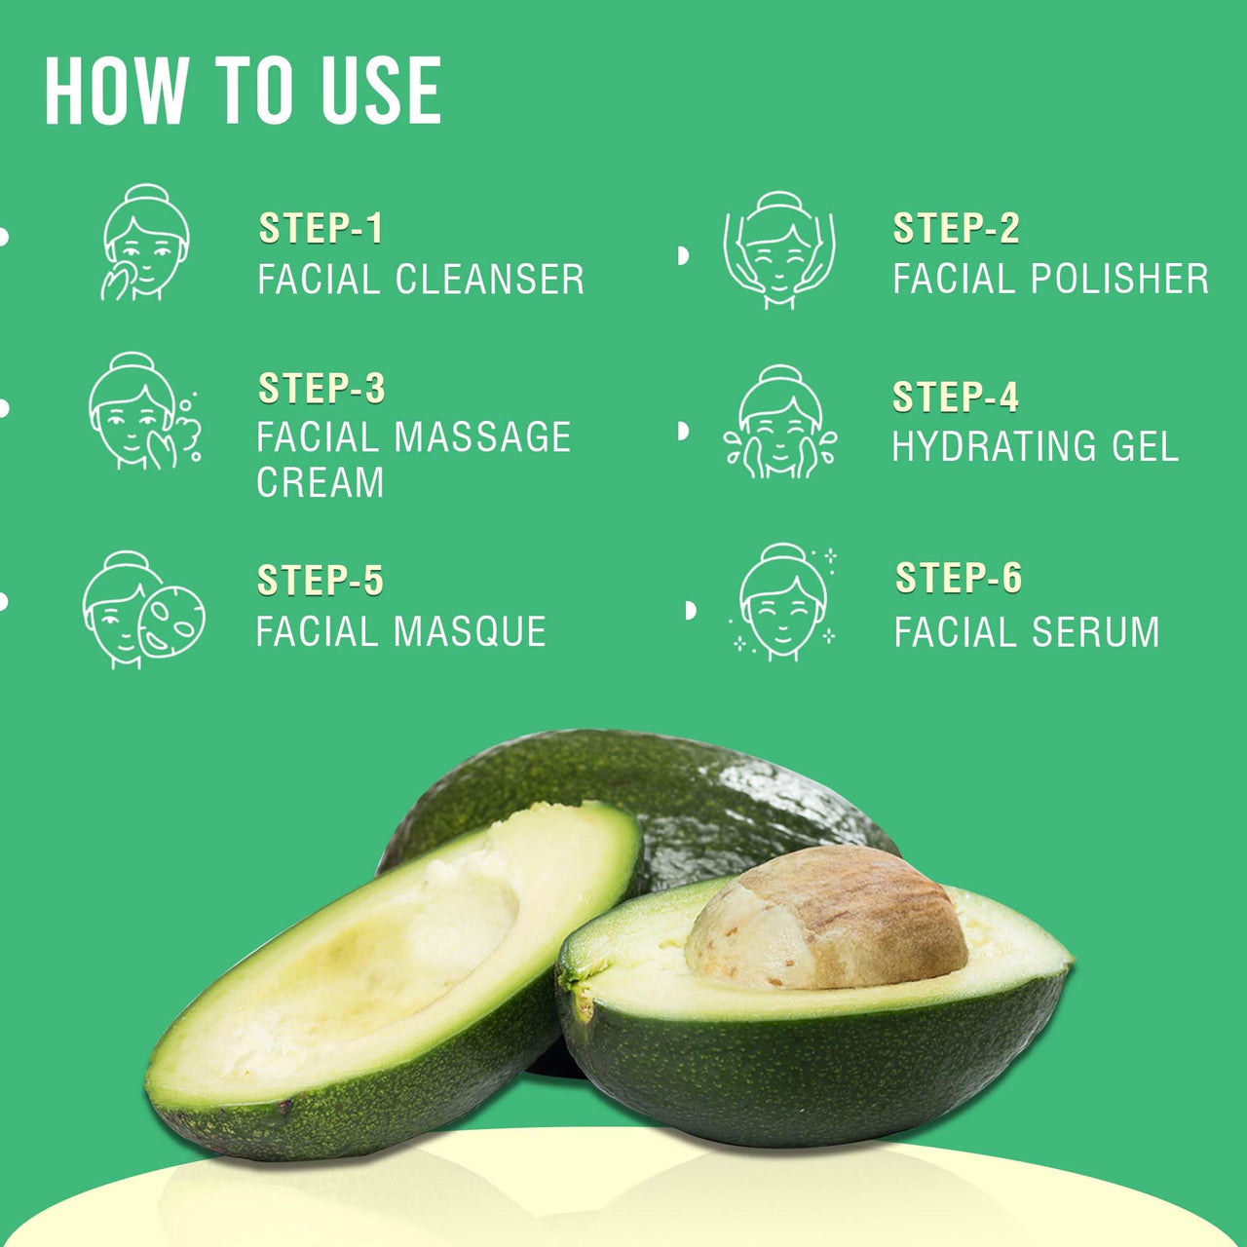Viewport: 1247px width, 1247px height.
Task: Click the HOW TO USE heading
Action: (x=243, y=91)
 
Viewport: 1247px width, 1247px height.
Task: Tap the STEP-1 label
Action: (x=321, y=229)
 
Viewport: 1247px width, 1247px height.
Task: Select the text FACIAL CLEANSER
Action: (x=421, y=280)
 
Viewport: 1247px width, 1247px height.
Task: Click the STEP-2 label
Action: (x=956, y=229)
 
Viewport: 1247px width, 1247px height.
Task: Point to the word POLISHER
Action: (x=1119, y=280)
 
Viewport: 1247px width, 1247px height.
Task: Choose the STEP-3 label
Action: (x=321, y=389)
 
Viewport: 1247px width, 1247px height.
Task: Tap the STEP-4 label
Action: (x=955, y=397)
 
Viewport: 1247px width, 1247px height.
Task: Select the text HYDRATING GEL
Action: (x=1035, y=447)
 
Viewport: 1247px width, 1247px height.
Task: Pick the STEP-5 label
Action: (x=320, y=581)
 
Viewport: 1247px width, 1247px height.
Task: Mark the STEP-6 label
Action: (x=959, y=578)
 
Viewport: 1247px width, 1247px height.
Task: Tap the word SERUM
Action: (x=1095, y=632)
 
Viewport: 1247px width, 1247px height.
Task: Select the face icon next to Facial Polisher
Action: (x=778, y=250)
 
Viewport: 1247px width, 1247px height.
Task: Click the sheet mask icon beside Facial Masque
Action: (x=171, y=620)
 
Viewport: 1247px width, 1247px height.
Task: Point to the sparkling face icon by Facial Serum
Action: (x=782, y=602)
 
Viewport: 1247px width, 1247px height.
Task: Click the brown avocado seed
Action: (x=825, y=919)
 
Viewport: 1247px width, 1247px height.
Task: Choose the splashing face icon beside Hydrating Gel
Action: (x=779, y=423)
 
